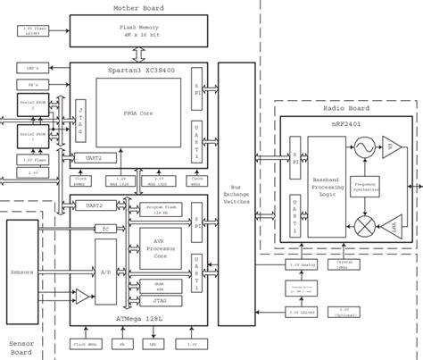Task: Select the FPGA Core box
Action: (141, 114)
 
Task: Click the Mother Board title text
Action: (137, 6)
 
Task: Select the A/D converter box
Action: (106, 270)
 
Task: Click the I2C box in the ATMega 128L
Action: (105, 228)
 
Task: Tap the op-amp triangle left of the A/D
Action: (80, 295)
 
